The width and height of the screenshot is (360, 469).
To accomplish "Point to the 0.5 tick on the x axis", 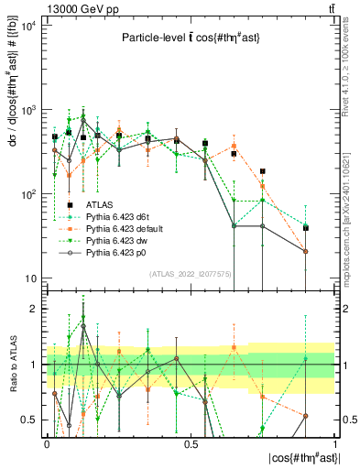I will tap(191, 443).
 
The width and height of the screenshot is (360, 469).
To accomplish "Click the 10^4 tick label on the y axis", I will tap(28, 25).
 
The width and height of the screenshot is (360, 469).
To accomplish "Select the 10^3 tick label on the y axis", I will tap(28, 110).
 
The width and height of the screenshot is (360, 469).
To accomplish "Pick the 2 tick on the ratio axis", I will tap(34, 309).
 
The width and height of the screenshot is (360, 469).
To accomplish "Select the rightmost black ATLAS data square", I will tap(306, 227).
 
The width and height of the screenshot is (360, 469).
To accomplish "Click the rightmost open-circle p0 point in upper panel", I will tap(306, 251).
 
